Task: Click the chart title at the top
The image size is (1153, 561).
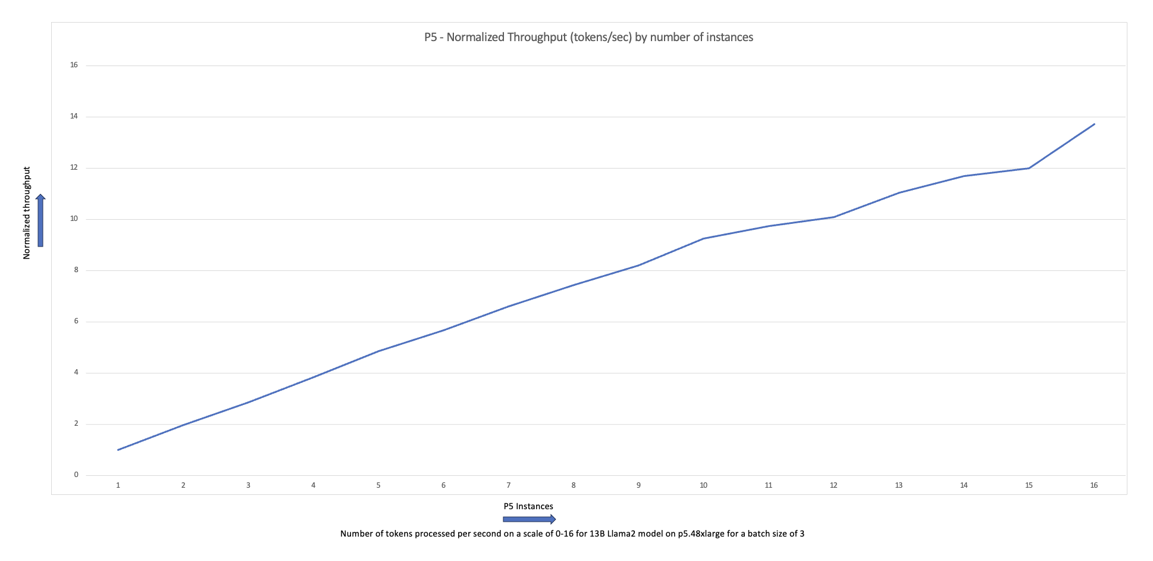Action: (588, 38)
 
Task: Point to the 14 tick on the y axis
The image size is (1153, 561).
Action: (74, 117)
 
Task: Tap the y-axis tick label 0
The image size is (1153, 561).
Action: (76, 475)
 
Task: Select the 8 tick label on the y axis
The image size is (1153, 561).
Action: (76, 270)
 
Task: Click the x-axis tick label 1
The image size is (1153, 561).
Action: (118, 485)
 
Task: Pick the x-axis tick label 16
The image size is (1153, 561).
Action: (1094, 485)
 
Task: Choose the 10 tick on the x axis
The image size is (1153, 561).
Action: (703, 485)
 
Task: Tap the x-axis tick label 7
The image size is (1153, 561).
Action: (509, 485)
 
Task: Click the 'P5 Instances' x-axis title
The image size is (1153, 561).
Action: (528, 506)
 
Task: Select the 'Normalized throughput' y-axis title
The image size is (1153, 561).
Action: (27, 213)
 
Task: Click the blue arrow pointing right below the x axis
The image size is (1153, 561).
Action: (529, 519)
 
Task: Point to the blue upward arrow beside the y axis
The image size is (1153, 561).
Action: (40, 220)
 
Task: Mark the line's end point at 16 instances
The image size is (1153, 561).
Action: (1094, 124)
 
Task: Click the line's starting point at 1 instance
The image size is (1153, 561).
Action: (118, 450)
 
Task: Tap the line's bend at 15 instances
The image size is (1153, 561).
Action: (1029, 168)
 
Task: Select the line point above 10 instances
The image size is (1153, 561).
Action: (704, 238)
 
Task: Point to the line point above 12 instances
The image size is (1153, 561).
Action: (834, 217)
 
